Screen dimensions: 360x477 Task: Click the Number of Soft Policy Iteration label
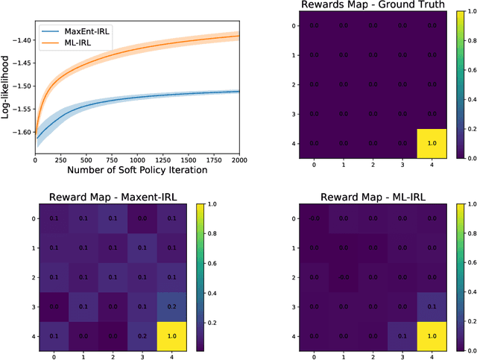pyautogui.click(x=136, y=171)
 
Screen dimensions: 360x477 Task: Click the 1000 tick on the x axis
pyautogui.click(x=136, y=160)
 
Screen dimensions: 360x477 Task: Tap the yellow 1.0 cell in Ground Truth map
pyautogui.click(x=429, y=144)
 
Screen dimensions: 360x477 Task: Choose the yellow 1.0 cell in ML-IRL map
pyautogui.click(x=429, y=336)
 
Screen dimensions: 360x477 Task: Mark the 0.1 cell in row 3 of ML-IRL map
pyautogui.click(x=429, y=306)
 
